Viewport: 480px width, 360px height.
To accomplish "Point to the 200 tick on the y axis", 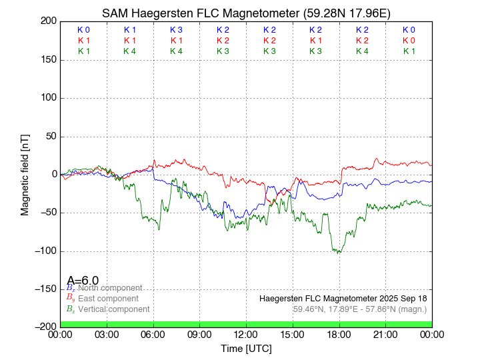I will pyautogui.click(x=47, y=21).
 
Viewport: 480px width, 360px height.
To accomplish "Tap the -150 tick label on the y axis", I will pyautogui.click(x=44, y=289).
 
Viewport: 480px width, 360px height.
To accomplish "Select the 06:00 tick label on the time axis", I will pyautogui.click(x=153, y=335).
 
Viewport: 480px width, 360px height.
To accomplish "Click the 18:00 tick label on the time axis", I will pyautogui.click(x=339, y=335).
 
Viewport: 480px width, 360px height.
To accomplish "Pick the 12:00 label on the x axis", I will pyautogui.click(x=246, y=335).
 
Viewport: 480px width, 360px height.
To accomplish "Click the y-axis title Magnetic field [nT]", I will pyautogui.click(x=25, y=174).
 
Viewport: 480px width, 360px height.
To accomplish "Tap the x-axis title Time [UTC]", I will pyautogui.click(x=246, y=349).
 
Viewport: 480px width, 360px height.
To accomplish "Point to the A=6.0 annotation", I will pyautogui.click(x=83, y=281).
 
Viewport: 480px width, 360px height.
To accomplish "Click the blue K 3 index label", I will pyautogui.click(x=176, y=30).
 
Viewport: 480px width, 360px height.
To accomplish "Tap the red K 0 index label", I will pyautogui.click(x=409, y=41).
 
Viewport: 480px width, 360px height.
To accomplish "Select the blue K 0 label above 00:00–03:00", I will pyautogui.click(x=83, y=30).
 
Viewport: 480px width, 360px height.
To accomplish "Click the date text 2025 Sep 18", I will pyautogui.click(x=405, y=298).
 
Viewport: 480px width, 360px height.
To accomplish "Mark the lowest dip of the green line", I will pyautogui.click(x=339, y=253).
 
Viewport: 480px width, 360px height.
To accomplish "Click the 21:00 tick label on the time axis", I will pyautogui.click(x=385, y=335).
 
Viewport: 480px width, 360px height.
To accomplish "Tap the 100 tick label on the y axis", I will pyautogui.click(x=47, y=98).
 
